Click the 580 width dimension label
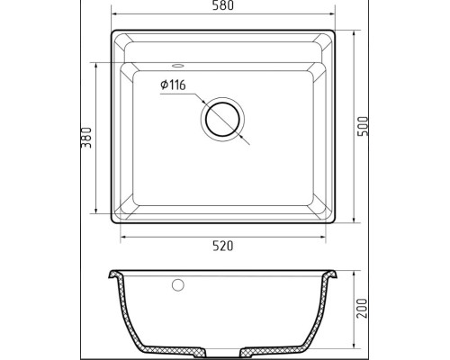pos(223,5)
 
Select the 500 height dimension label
pos(363,126)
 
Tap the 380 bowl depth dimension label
pos(86,138)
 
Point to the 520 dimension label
pos(223,246)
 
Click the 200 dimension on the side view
pos(363,309)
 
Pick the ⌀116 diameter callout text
pos(173,85)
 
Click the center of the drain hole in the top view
pos(222,120)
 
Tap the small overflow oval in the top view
pos(177,65)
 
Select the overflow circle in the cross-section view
pos(178,284)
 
